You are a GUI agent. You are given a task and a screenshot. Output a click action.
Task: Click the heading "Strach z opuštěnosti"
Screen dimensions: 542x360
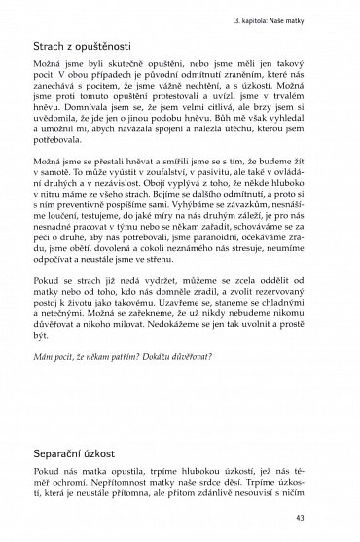coord(96,47)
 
